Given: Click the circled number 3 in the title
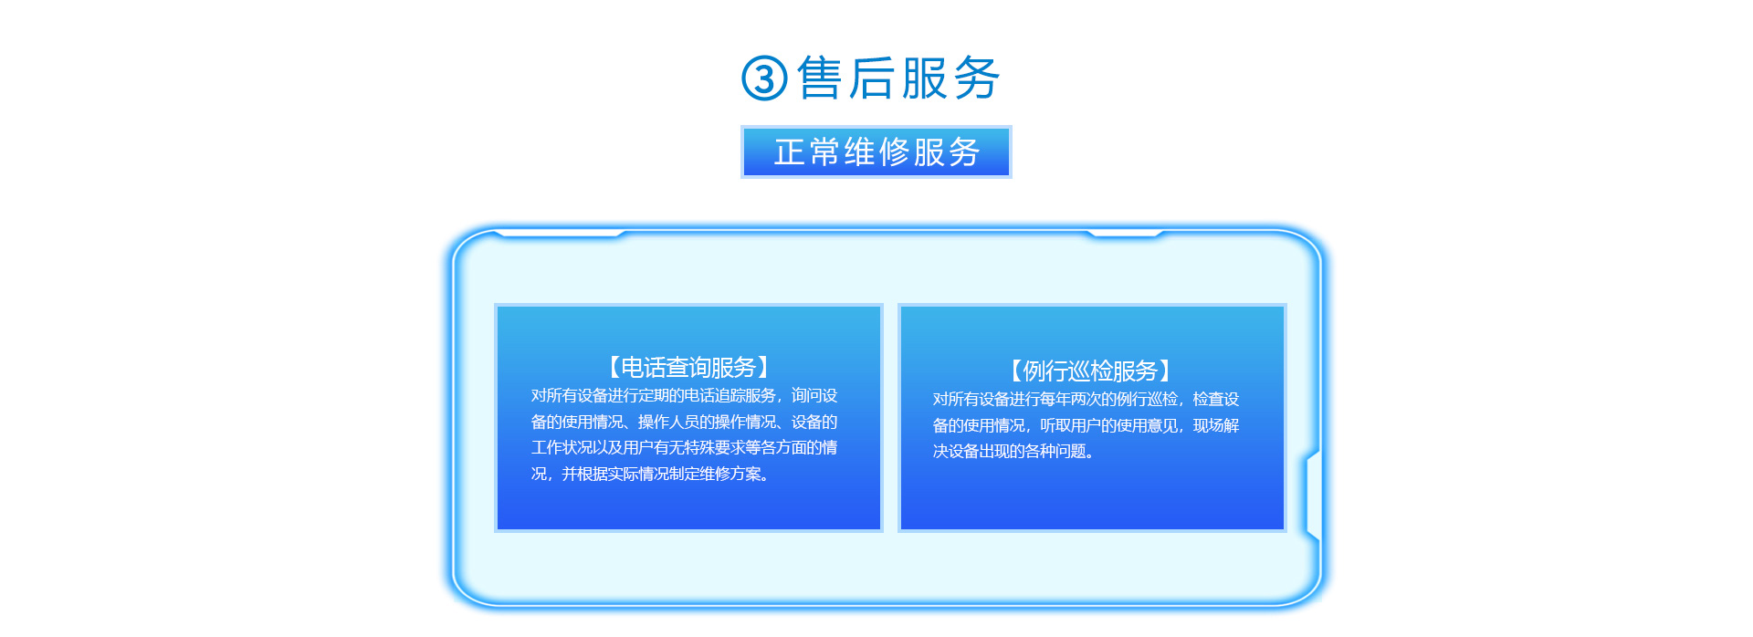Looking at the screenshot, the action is pos(764,78).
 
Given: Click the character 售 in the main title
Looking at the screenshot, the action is pos(820,77).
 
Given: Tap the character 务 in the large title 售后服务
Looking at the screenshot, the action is pos(977,77).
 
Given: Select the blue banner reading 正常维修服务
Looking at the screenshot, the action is pos(876,151).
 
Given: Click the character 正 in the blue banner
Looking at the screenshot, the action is pos(789,151).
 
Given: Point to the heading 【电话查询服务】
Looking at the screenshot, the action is pos(688,367).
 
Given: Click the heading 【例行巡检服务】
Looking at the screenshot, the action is pos(1090,371).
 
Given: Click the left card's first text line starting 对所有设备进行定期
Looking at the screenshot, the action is pos(685,395).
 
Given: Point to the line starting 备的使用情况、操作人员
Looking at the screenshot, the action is pos(685,422).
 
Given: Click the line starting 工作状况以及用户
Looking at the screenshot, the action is pos(685,447).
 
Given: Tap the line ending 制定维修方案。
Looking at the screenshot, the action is pos(651,474).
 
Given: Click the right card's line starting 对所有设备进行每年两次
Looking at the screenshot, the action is pos(1086,399).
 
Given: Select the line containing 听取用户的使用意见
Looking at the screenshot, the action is pos(1086,425).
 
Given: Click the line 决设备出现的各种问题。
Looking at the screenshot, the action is pos(1013,451).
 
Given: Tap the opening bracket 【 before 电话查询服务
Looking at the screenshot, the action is pos(610,367).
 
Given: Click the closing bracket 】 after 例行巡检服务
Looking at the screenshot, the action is pos(1169,371).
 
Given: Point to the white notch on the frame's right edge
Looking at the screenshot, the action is pos(1313,493).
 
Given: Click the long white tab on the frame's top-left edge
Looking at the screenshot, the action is pos(559,234).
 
